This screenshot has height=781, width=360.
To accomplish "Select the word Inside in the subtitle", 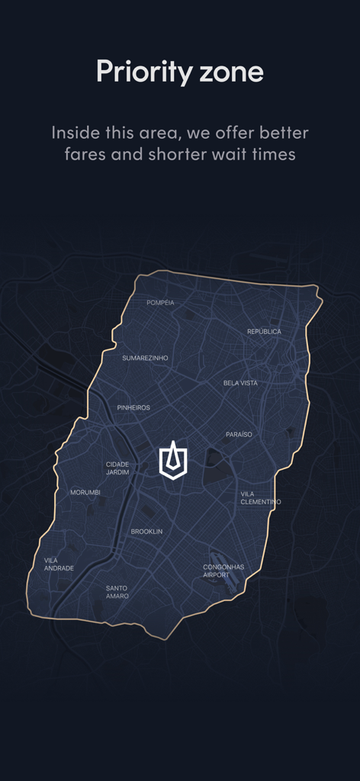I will click(76, 133).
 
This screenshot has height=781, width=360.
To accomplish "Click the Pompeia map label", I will click(160, 303).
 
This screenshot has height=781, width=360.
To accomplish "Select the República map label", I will click(264, 332).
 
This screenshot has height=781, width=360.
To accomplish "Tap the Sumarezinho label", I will click(145, 358).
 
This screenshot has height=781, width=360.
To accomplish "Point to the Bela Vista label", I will click(240, 383).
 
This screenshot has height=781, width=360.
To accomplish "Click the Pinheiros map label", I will click(133, 408).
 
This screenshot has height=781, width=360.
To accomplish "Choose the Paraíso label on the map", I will click(239, 435).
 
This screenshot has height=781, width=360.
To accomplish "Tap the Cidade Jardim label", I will click(117, 468).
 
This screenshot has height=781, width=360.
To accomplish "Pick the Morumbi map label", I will click(85, 493).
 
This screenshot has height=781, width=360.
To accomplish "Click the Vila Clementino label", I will click(260, 498).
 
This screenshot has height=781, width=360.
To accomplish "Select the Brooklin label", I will click(146, 532).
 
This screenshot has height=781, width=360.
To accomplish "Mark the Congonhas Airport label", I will click(223, 571).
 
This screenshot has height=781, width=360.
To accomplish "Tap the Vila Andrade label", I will click(59, 564).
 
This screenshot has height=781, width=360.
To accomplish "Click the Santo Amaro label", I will click(117, 592).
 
